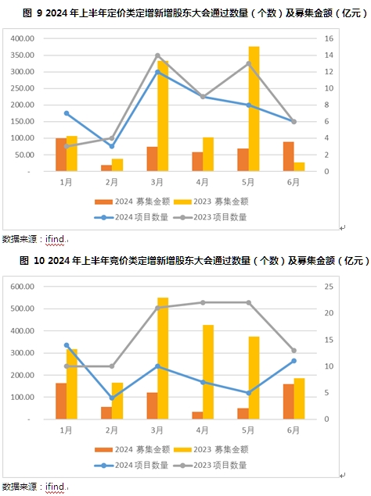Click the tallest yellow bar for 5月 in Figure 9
pos(254,109)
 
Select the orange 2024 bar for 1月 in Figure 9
pos(61,155)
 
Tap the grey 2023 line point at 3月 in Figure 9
pos(157,55)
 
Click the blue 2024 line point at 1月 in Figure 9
pos(67,113)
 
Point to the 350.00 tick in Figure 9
pos(22,55)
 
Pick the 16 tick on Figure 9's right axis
pos(329,38)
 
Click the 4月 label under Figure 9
pos(202,182)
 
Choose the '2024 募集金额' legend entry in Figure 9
pos(132,202)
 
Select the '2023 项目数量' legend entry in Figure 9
pos(211,217)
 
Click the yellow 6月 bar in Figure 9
pos(299,166)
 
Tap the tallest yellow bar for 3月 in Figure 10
pos(163,359)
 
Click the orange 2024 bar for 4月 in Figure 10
pos(197,416)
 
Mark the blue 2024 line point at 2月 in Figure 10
pos(112,398)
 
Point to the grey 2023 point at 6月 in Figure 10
pos(294,351)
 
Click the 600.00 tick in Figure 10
pos(22,287)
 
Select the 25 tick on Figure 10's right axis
pos(329,287)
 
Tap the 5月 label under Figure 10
pos(248,430)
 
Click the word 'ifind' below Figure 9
pos(55,239)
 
